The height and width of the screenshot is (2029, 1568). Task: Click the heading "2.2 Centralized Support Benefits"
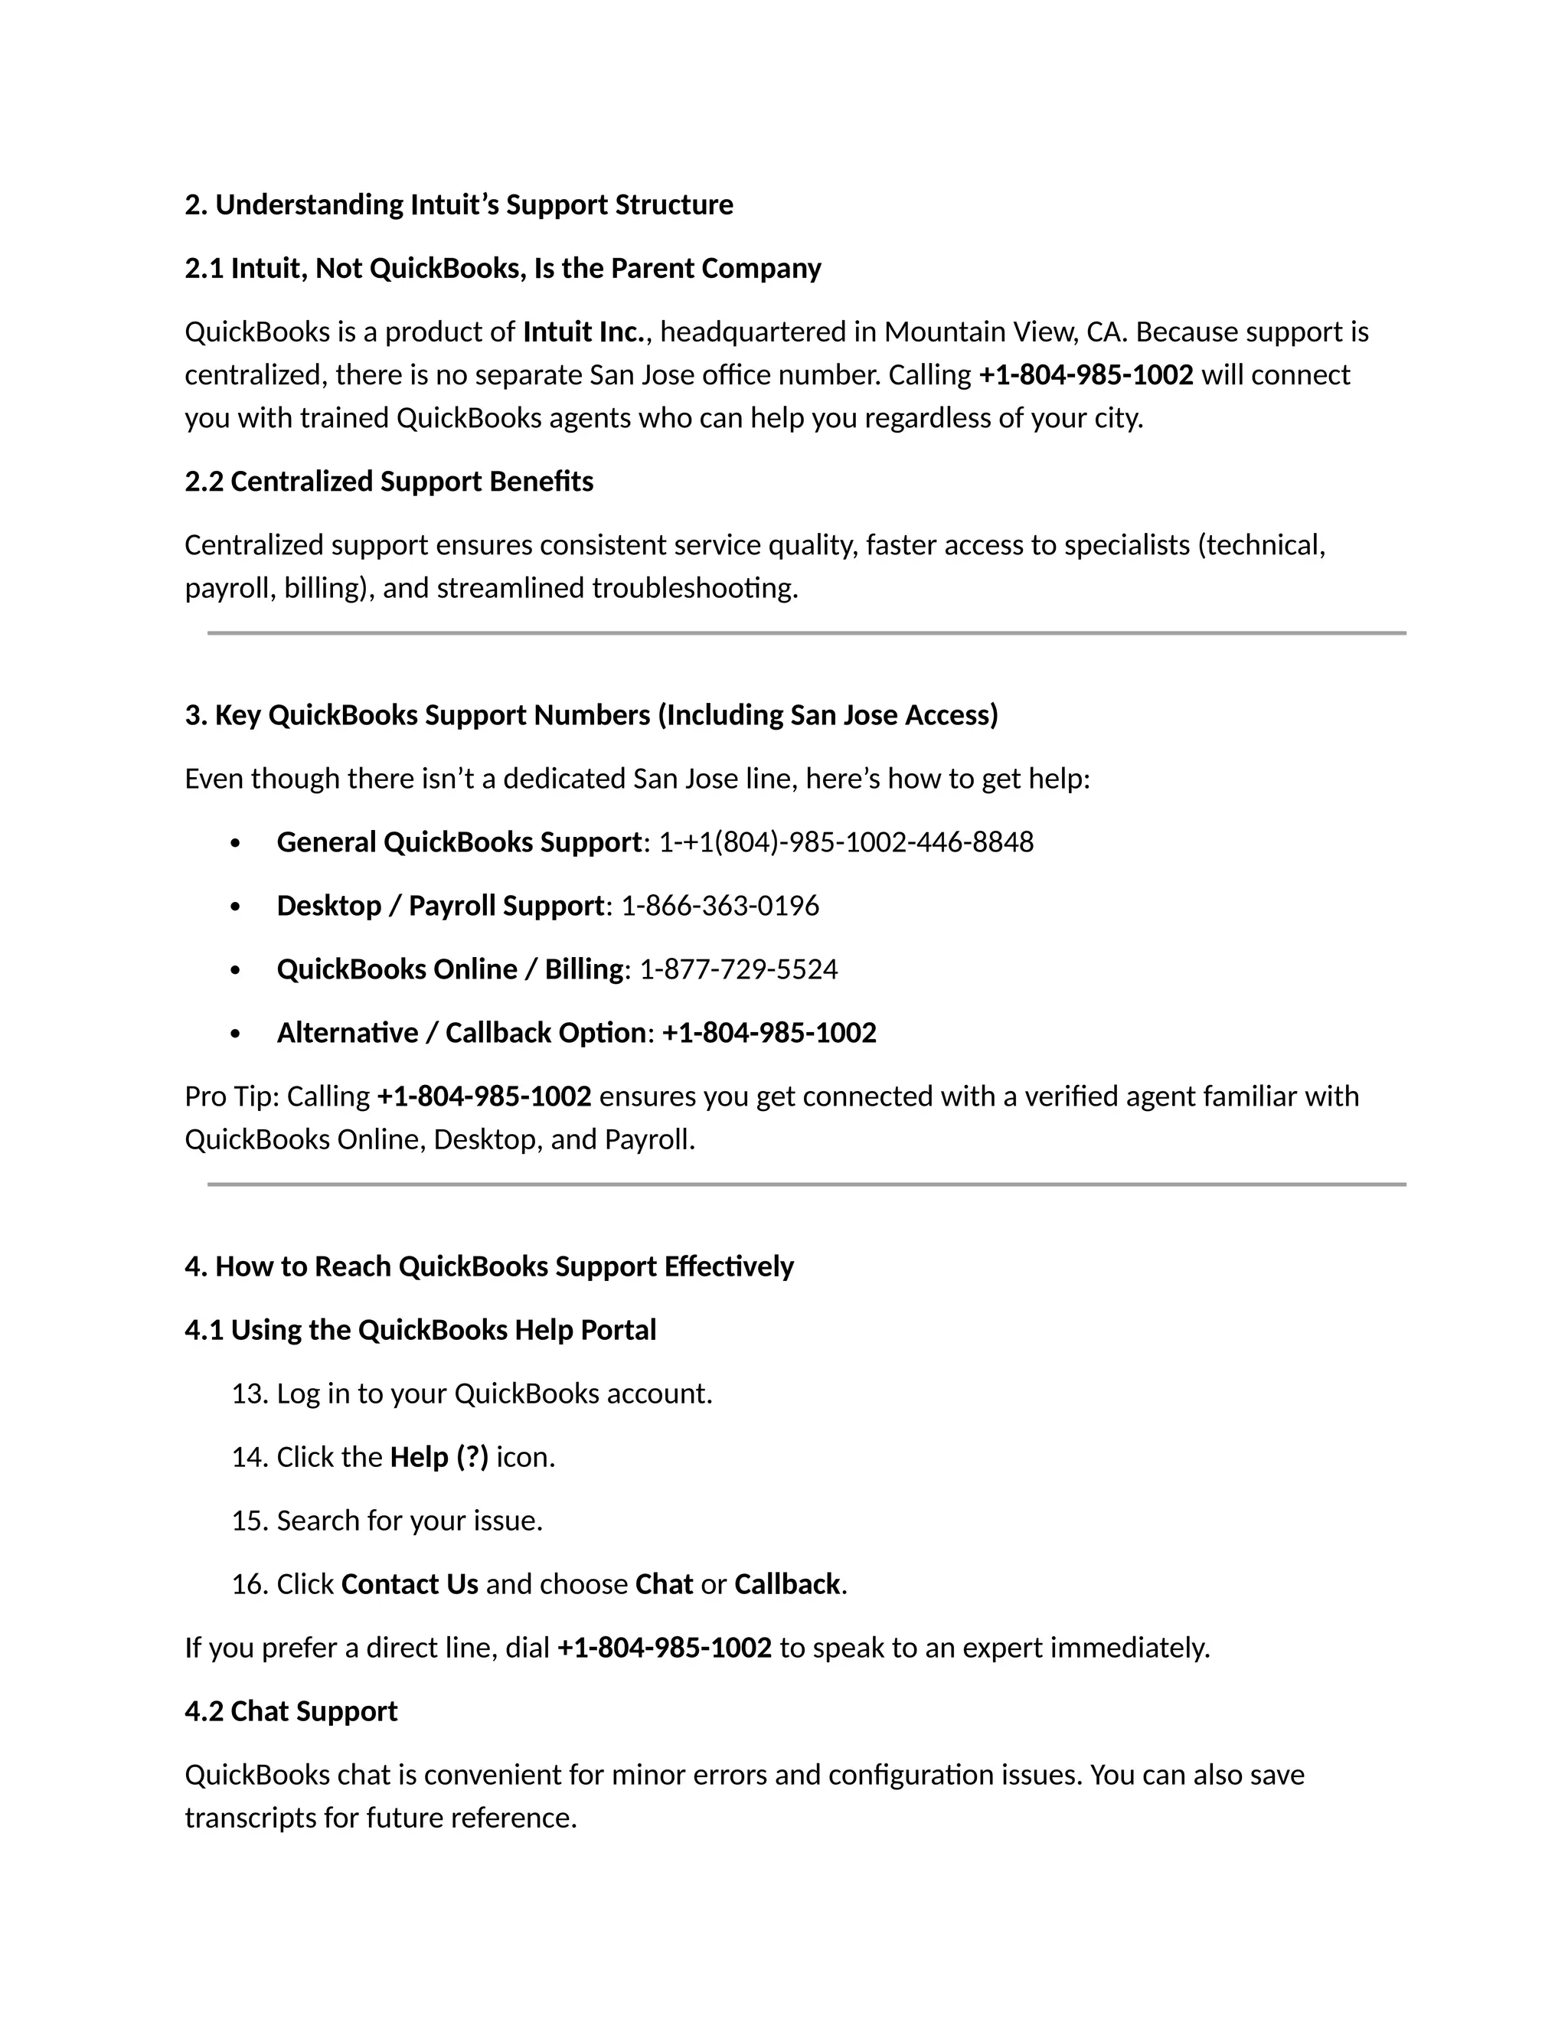[388, 482]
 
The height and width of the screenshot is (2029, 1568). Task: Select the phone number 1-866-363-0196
[720, 906]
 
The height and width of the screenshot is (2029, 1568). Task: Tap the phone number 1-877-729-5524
[739, 969]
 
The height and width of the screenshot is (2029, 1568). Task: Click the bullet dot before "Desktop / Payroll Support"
[235, 907]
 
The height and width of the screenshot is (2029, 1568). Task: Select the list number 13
[249, 1394]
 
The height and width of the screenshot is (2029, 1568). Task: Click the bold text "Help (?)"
[439, 1457]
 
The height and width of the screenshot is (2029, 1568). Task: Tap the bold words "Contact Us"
[410, 1584]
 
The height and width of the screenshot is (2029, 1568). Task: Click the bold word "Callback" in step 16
[787, 1584]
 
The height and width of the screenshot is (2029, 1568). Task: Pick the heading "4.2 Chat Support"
[291, 1711]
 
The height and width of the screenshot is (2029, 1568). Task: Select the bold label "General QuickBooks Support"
[459, 841]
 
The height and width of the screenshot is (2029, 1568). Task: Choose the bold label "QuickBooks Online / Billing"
[450, 969]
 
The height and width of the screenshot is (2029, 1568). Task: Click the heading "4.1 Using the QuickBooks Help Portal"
[420, 1331]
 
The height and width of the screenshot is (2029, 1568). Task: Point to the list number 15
[249, 1521]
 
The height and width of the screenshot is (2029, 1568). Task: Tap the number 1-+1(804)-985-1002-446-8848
[845, 841]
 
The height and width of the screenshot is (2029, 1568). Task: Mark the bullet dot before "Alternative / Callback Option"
[235, 1034]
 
